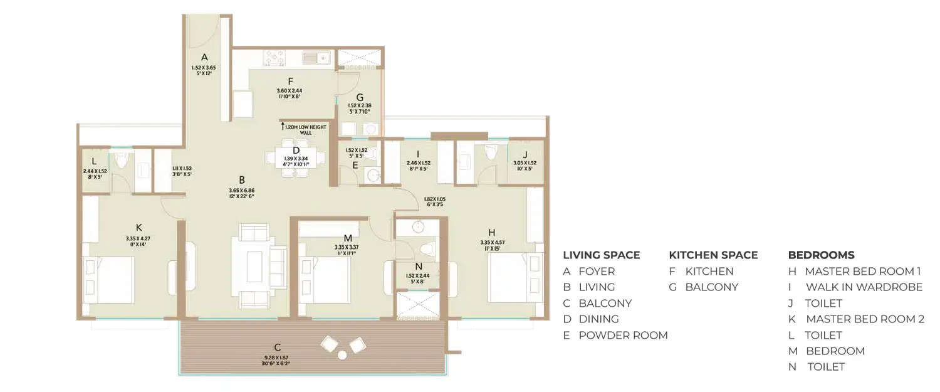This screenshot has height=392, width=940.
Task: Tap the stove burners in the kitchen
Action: [274, 58]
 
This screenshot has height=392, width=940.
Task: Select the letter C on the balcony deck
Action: [277, 347]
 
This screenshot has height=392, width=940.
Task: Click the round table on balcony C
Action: [342, 354]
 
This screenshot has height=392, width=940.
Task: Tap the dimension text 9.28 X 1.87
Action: [276, 358]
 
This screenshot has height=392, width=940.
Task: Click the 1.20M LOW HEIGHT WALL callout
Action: [298, 129]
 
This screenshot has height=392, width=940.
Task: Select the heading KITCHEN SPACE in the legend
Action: [713, 255]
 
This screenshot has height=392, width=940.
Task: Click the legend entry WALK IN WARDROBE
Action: [864, 287]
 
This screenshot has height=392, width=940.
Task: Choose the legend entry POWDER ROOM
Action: [622, 335]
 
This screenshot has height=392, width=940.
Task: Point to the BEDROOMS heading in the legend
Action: [821, 255]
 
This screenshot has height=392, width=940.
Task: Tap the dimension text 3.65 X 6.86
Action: [241, 189]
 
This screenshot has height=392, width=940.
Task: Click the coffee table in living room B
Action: [254, 267]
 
